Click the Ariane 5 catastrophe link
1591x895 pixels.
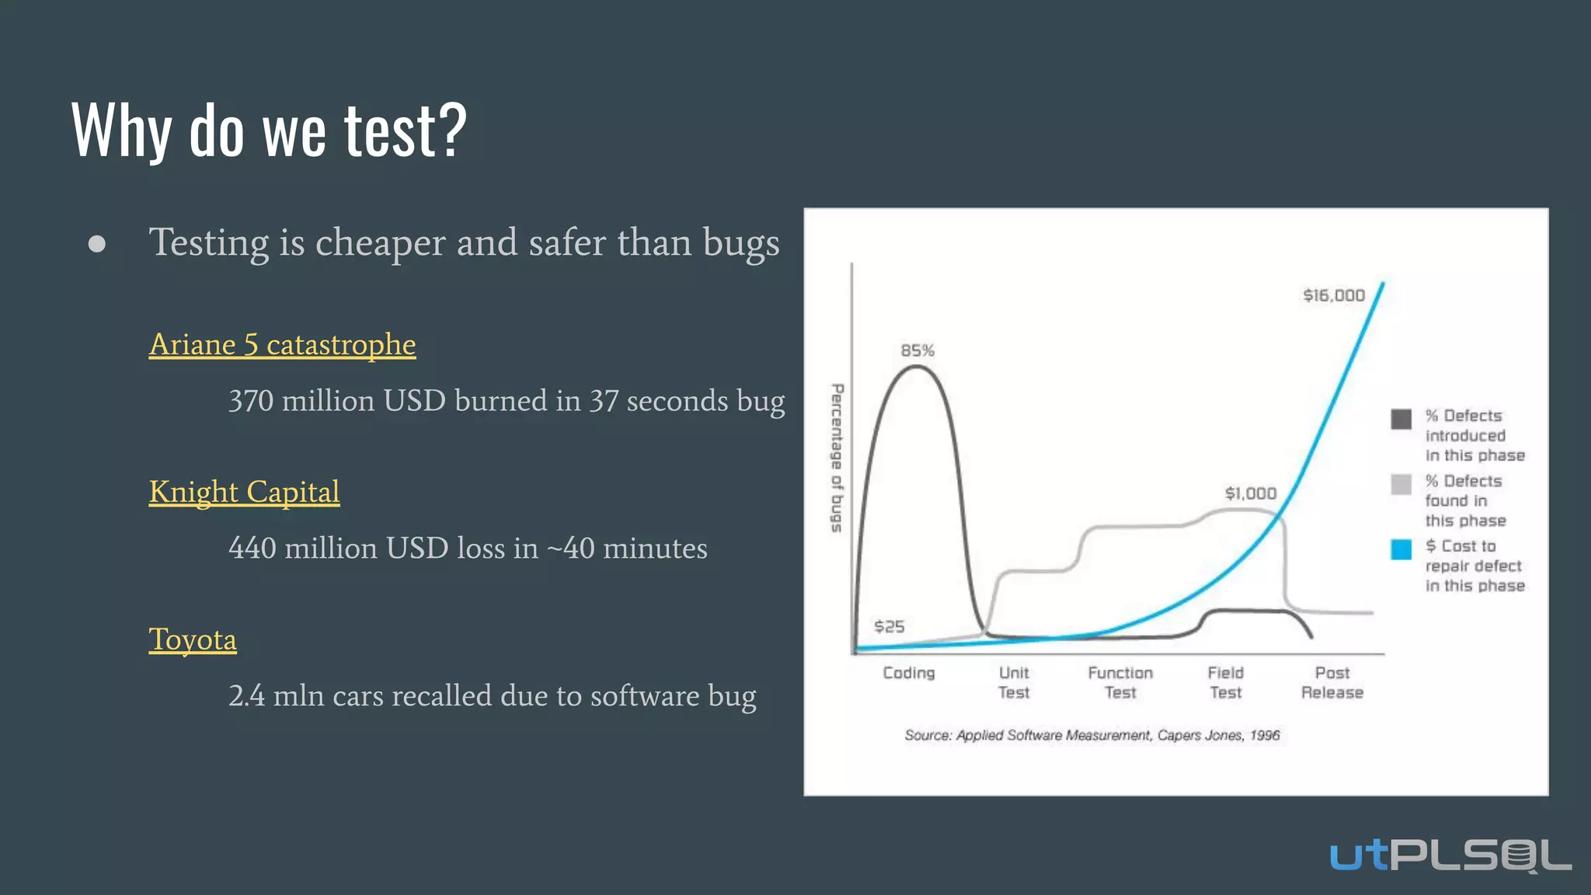[x=282, y=344]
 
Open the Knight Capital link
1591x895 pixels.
[x=244, y=492]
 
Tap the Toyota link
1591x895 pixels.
[x=193, y=639]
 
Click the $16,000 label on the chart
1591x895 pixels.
[x=1333, y=295]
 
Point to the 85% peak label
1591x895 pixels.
[x=917, y=350]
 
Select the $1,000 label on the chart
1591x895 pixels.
[x=1250, y=493]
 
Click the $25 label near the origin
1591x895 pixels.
[x=889, y=626]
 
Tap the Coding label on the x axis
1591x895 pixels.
[x=908, y=673]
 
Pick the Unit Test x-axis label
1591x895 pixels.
[x=1014, y=682]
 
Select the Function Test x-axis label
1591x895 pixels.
[x=1120, y=682]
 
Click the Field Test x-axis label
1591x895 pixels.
[x=1225, y=682]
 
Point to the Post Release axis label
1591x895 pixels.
[x=1332, y=682]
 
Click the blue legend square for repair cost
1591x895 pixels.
[x=1401, y=549]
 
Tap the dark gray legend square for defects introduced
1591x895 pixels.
[x=1401, y=420]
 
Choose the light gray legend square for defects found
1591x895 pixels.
[x=1401, y=485]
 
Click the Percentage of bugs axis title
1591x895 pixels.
[x=837, y=458]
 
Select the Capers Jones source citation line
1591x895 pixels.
[x=1091, y=735]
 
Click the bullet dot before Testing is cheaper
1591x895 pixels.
[x=97, y=244]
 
